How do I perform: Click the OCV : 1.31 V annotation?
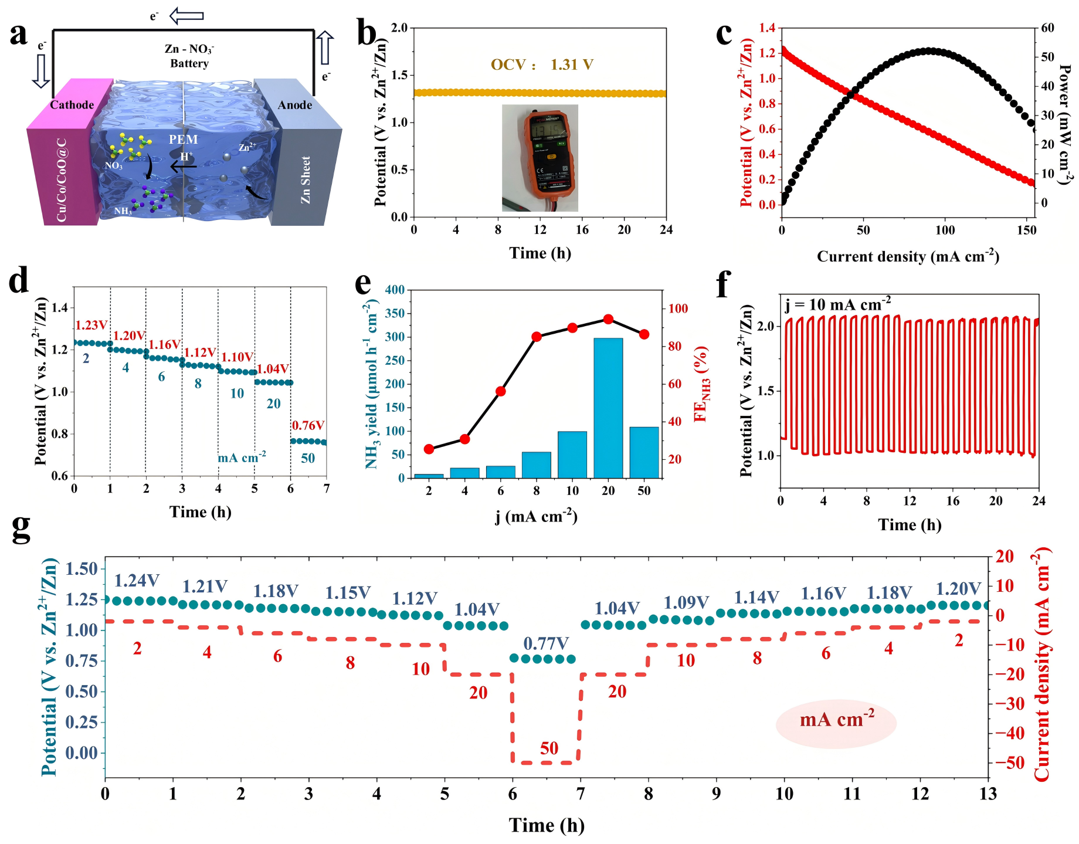tap(542, 65)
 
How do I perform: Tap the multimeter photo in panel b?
tap(540, 158)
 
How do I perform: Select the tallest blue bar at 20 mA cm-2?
tap(608, 408)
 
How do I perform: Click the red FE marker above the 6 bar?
tap(501, 391)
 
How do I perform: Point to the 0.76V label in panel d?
tap(308, 425)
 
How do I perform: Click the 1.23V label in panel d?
tap(91, 326)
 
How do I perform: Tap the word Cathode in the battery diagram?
tap(72, 105)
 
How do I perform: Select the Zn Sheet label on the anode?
tap(306, 180)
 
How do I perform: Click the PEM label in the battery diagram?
tap(184, 140)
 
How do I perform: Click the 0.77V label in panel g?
tap(546, 643)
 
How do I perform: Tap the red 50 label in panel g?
tap(549, 748)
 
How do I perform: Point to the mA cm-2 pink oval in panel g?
tap(836, 720)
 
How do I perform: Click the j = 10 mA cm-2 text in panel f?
tap(838, 304)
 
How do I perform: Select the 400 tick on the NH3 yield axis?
tap(395, 290)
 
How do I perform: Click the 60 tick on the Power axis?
tap(1048, 28)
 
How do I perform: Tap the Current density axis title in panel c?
tap(908, 256)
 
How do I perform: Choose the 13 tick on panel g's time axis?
tap(988, 794)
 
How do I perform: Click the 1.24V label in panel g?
tap(137, 581)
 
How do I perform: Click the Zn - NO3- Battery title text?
tap(189, 56)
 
